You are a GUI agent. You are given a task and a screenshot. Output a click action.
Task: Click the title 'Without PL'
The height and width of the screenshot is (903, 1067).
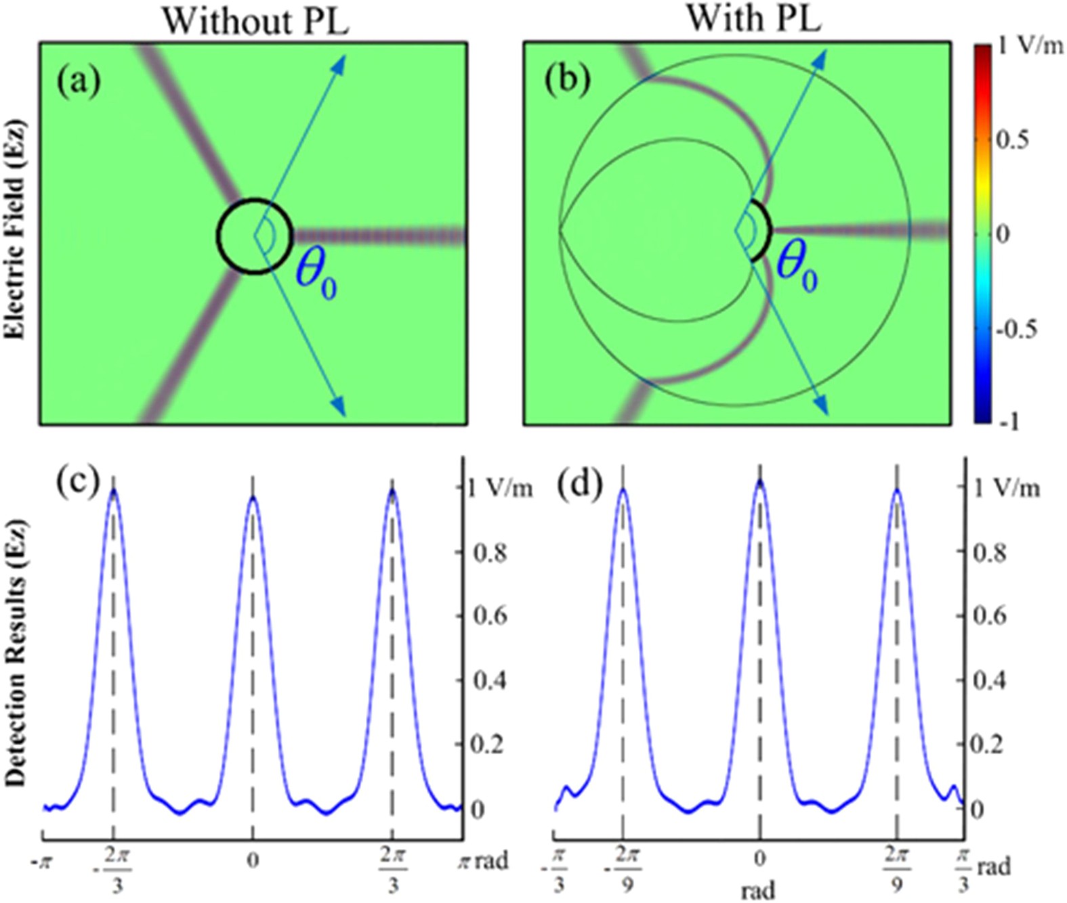coord(255,21)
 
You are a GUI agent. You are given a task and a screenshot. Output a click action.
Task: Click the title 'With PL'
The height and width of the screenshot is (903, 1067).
coord(753,18)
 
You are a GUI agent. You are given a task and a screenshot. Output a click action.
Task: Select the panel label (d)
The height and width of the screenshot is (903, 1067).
coord(580,485)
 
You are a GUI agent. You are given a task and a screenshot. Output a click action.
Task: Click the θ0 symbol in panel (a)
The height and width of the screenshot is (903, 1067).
coord(315,278)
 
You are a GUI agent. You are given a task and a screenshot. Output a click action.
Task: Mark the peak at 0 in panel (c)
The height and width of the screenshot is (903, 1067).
coord(253,498)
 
